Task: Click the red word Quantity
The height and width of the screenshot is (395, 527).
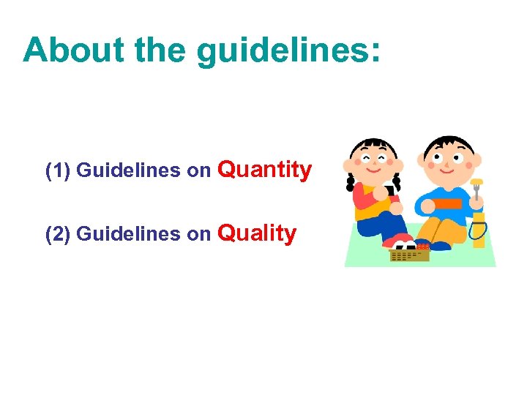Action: pos(265,170)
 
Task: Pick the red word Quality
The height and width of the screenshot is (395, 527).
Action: pos(258,234)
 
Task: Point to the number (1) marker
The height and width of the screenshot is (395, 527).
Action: pos(58,171)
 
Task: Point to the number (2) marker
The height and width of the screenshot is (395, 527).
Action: pos(58,235)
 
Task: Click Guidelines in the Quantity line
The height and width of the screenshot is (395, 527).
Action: pos(128,171)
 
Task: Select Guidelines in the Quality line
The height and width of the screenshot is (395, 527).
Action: pos(128,235)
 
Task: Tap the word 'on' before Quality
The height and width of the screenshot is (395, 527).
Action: pos(198,235)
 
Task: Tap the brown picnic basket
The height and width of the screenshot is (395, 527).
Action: pos(409,254)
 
